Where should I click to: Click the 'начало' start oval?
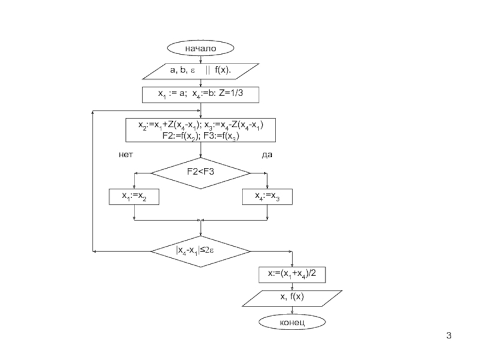click(x=200, y=48)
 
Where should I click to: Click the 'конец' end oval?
click(x=292, y=322)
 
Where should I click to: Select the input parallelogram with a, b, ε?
click(x=200, y=71)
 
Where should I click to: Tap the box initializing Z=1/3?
click(x=200, y=95)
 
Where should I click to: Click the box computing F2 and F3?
click(x=200, y=130)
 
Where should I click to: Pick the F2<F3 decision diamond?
click(x=200, y=173)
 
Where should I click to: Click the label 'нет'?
click(x=126, y=155)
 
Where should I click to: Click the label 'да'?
click(x=267, y=155)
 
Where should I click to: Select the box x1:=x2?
click(x=134, y=197)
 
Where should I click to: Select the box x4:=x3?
click(x=267, y=197)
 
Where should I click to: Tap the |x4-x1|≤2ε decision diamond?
click(x=200, y=251)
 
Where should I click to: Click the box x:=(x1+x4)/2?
click(x=292, y=275)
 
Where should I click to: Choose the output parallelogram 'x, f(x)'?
click(x=292, y=298)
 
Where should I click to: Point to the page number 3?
click(x=449, y=335)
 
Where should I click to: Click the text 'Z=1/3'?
click(x=231, y=93)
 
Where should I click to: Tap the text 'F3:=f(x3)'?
click(x=221, y=136)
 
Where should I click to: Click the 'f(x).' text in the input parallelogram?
click(x=223, y=70)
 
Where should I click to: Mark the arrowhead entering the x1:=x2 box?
click(x=134, y=187)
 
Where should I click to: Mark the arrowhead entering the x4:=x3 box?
click(x=267, y=187)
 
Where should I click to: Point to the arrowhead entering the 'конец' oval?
click(x=292, y=313)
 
